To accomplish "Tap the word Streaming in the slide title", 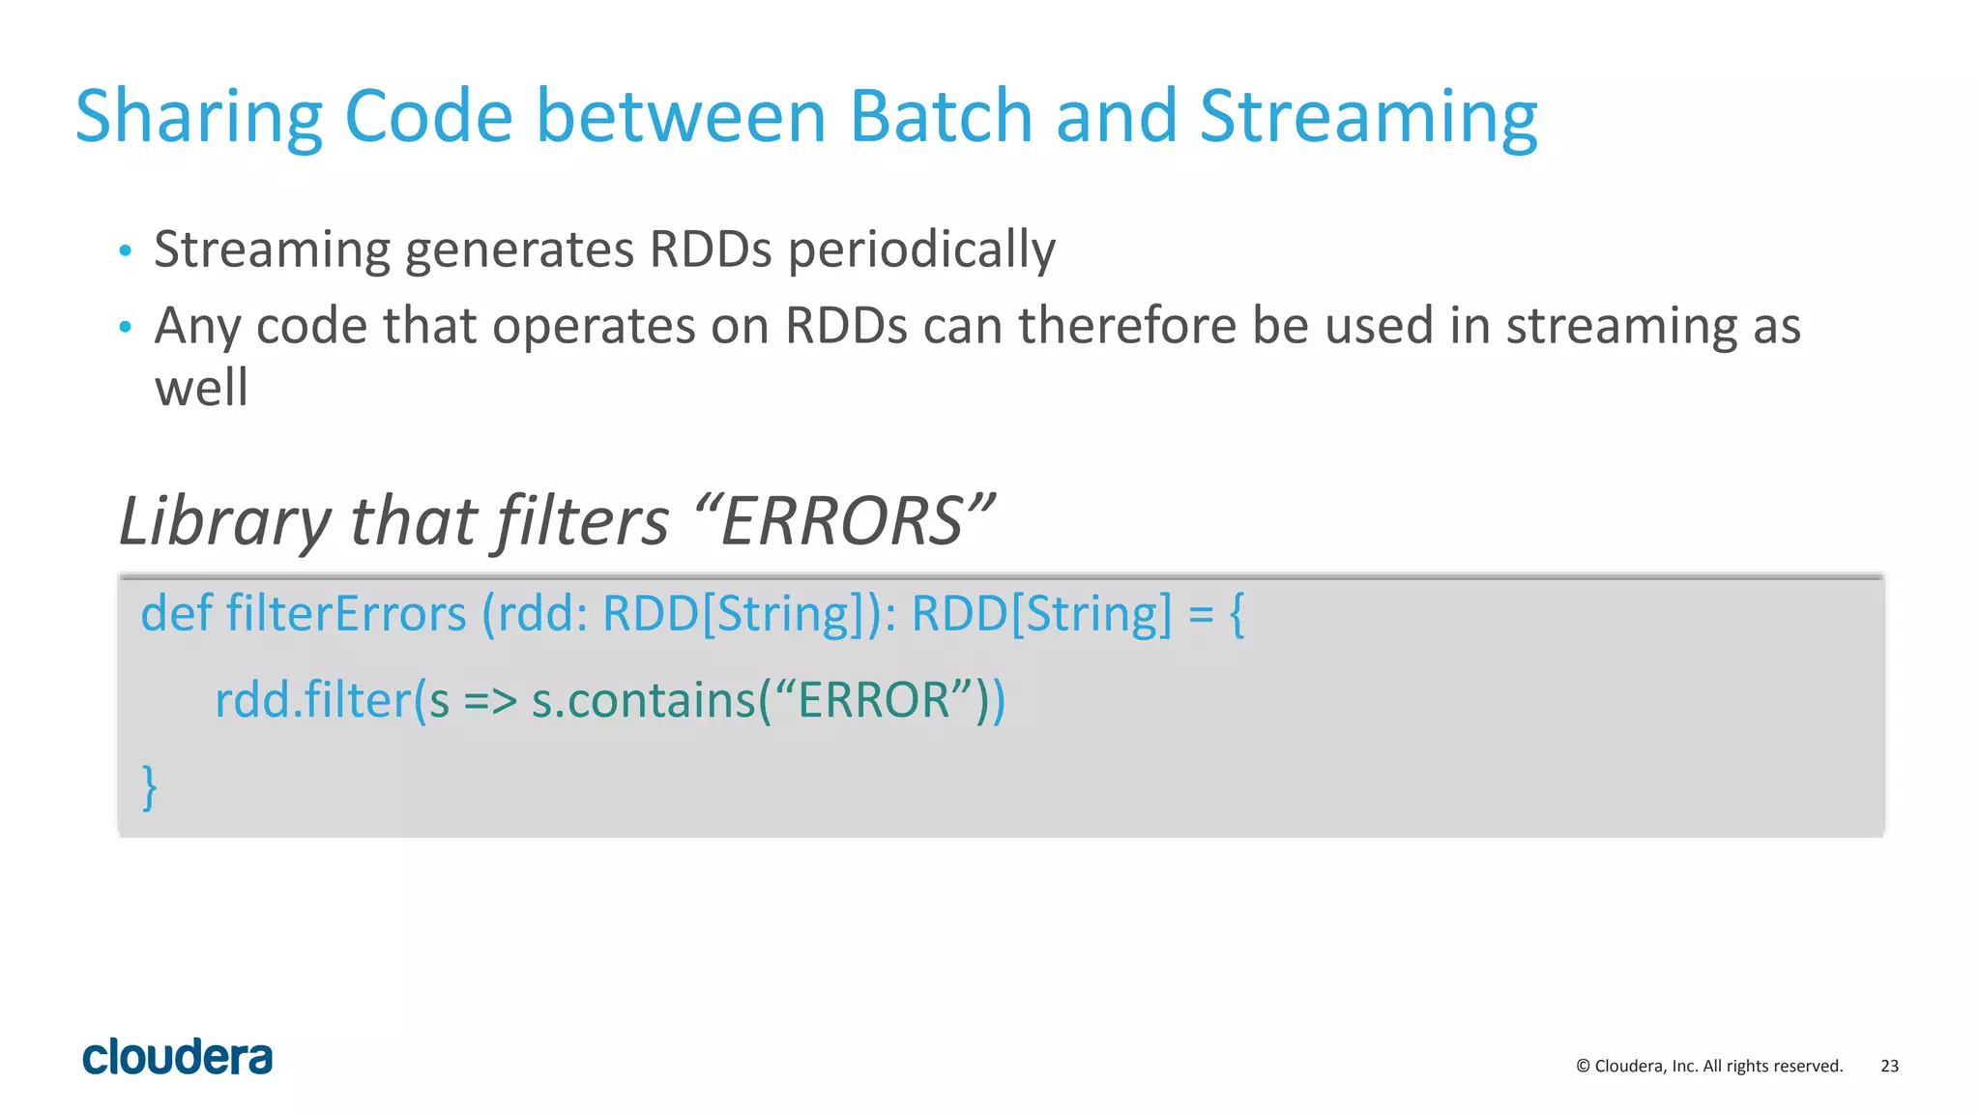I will click(1368, 117).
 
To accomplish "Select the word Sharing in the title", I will click(198, 117).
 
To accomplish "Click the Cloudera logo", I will click(178, 1057).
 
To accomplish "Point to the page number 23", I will click(1889, 1066).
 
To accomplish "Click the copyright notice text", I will click(1709, 1066).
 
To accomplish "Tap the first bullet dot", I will click(125, 251).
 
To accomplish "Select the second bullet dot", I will click(125, 328).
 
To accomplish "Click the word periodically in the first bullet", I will click(921, 249).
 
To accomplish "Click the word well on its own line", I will click(201, 388).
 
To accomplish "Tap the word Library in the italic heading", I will click(224, 522).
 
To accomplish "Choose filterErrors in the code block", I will click(346, 614).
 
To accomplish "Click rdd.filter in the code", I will click(312, 700).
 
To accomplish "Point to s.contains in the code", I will click(642, 700).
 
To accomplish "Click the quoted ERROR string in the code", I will click(874, 700).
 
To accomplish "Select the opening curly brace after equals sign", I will click(1237, 614).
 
